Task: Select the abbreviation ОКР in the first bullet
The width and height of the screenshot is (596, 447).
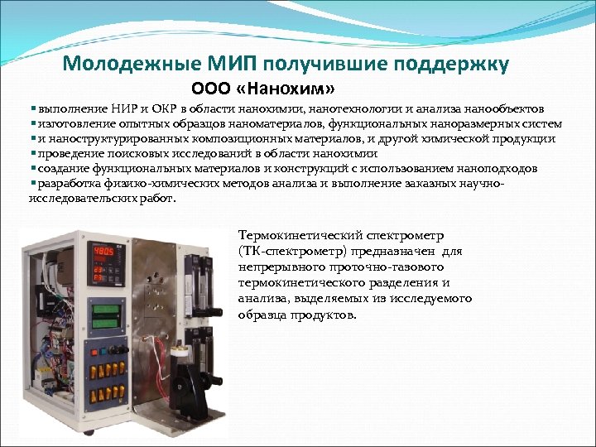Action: point(161,108)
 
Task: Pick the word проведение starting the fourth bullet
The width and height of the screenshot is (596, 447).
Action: point(67,153)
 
